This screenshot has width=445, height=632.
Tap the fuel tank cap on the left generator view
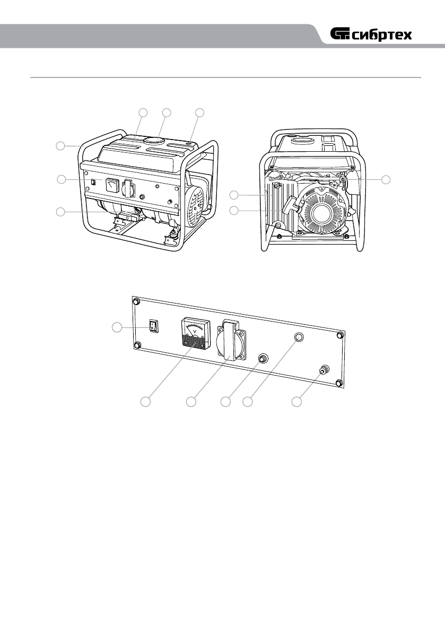pyautogui.click(x=154, y=141)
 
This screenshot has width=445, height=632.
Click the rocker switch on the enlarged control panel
pyautogui.click(x=153, y=325)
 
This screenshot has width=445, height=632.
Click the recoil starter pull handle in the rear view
pyautogui.click(x=291, y=205)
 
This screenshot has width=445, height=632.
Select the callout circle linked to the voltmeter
pyautogui.click(x=146, y=402)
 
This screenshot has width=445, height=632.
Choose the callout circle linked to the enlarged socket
pyautogui.click(x=192, y=402)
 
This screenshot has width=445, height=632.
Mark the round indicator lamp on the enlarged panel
pyautogui.click(x=299, y=337)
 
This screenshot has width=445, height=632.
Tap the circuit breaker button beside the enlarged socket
pyautogui.click(x=263, y=359)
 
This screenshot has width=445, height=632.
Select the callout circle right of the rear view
pyautogui.click(x=387, y=180)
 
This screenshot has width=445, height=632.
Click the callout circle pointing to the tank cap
pyautogui.click(x=167, y=112)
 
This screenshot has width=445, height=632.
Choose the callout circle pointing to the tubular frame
pyautogui.click(x=62, y=145)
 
